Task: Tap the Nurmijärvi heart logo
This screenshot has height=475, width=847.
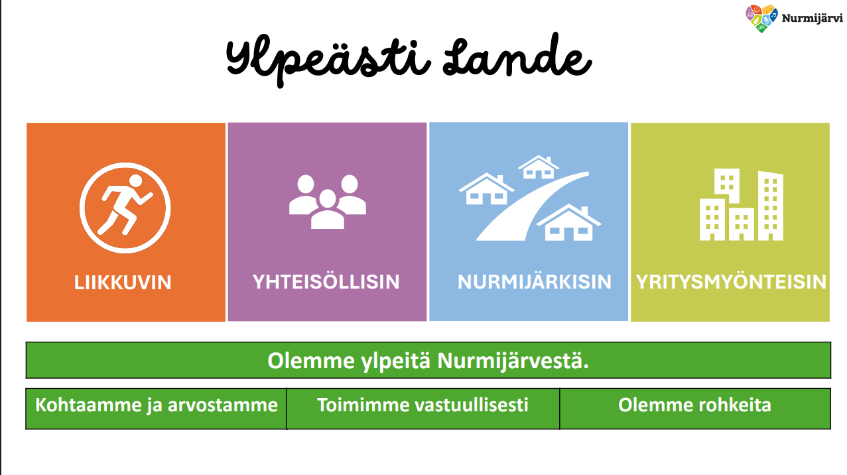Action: tap(761, 19)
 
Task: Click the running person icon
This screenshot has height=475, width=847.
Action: tap(125, 207)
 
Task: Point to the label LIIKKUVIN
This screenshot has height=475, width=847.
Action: tap(123, 283)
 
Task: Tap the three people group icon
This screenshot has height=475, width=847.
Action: tap(328, 201)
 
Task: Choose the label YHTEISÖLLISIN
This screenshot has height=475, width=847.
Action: tap(326, 282)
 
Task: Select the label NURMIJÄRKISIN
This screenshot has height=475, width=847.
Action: tap(534, 282)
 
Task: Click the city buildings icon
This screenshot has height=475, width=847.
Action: tap(741, 205)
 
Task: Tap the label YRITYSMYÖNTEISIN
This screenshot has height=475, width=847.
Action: tap(731, 282)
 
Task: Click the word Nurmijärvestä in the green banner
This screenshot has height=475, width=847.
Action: tap(513, 362)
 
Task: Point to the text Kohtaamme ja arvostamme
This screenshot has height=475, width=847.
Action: tap(156, 405)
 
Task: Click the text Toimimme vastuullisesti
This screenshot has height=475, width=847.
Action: tap(423, 405)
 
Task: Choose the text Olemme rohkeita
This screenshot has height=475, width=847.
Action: tap(694, 405)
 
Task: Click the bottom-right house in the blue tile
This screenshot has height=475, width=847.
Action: tap(568, 224)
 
